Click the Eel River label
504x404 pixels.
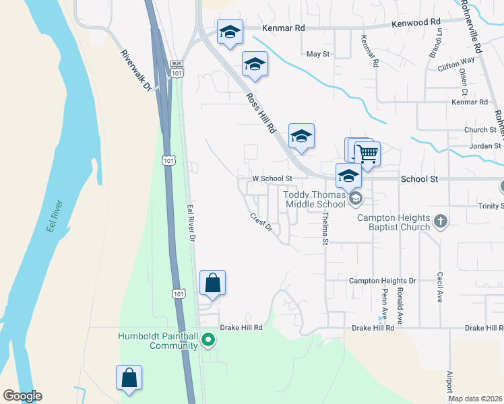click(x=55, y=216)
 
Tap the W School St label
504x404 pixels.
click(x=271, y=178)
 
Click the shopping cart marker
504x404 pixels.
click(x=367, y=154)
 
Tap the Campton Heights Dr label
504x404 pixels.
click(x=383, y=280)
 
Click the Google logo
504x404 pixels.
click(x=22, y=396)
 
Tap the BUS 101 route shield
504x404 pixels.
click(x=177, y=68)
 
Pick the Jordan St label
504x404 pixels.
click(x=486, y=145)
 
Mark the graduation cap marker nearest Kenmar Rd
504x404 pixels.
click(x=230, y=32)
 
